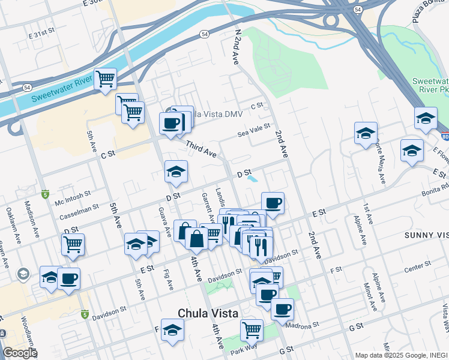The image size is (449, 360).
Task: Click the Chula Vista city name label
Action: point(208,313)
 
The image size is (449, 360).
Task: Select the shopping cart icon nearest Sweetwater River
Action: point(106,79)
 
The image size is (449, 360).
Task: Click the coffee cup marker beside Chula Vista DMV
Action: point(171,123)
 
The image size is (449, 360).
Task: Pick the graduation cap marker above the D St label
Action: point(176,172)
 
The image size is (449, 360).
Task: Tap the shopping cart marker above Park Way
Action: point(252,329)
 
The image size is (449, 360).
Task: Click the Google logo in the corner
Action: point(20,353)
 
